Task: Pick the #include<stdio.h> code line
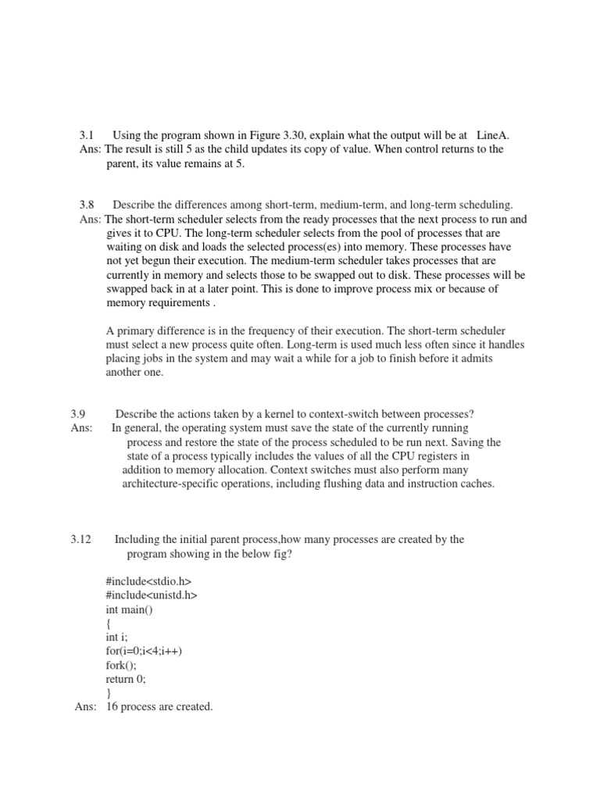pyautogui.click(x=148, y=581)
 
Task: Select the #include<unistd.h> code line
pyautogui.click(x=152, y=595)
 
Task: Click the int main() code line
pyautogui.click(x=130, y=609)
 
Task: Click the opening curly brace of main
pyautogui.click(x=109, y=623)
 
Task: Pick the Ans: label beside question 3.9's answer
pyautogui.click(x=81, y=427)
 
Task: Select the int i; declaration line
pyautogui.click(x=118, y=637)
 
